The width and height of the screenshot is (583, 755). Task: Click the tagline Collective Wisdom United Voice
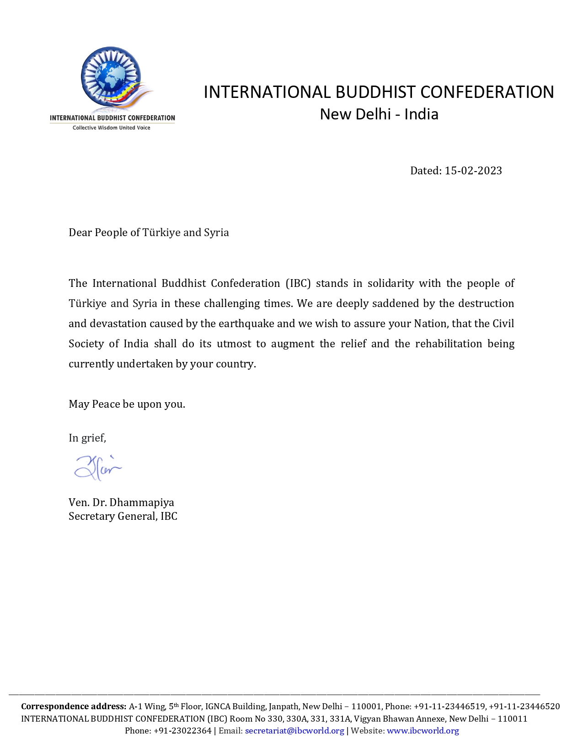pyautogui.click(x=112, y=128)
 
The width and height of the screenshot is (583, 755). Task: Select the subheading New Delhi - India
pyautogui.click(x=379, y=114)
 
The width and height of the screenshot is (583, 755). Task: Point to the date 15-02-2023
pyautogui.click(x=473, y=171)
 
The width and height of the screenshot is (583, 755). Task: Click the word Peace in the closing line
pyautogui.click(x=106, y=404)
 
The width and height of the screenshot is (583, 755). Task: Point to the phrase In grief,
pyautogui.click(x=87, y=438)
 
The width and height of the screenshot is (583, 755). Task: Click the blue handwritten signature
pyautogui.click(x=97, y=468)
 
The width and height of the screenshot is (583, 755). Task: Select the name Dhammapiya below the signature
pyautogui.click(x=142, y=502)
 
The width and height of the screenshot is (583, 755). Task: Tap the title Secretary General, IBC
pyautogui.click(x=123, y=516)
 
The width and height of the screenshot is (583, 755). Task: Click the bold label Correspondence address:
pyautogui.click(x=74, y=706)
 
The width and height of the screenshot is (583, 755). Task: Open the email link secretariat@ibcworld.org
pyautogui.click(x=294, y=731)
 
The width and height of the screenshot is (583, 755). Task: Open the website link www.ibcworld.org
pyautogui.click(x=423, y=731)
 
